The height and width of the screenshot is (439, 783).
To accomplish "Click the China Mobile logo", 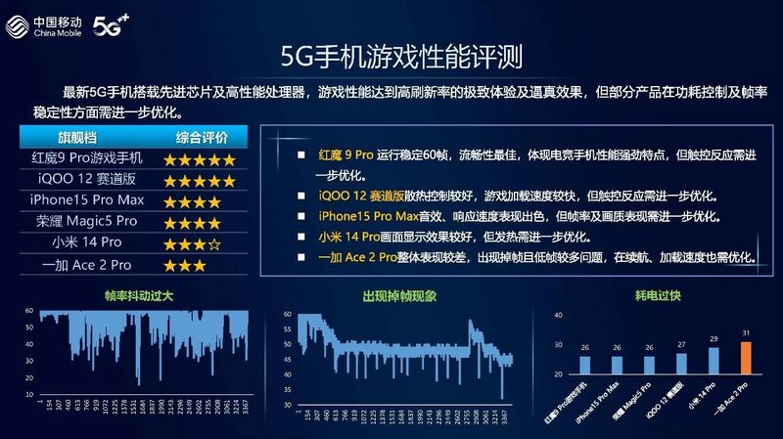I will [44, 21].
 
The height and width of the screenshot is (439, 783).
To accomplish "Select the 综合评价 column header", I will [202, 137].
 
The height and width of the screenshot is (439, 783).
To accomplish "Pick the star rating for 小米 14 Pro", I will [199, 243].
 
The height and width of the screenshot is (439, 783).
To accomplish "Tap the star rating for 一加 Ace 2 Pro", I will [185, 265].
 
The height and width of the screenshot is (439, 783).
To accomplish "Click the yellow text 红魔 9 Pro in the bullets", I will [346, 155].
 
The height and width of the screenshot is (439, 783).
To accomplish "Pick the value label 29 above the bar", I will [713, 338].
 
